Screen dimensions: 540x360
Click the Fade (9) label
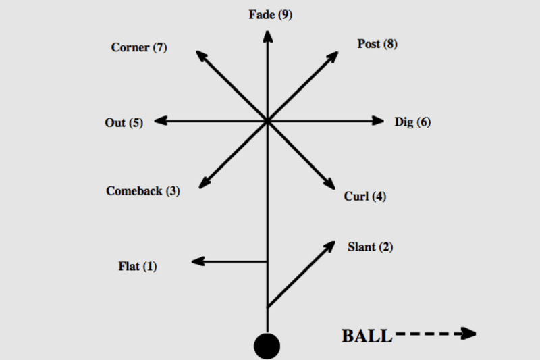click(x=271, y=15)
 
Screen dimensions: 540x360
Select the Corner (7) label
click(x=139, y=47)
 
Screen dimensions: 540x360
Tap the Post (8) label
click(x=377, y=44)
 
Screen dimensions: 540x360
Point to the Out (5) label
click(x=124, y=123)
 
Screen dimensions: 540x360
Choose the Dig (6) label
click(x=412, y=122)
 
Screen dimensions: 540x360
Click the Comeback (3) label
click(x=143, y=191)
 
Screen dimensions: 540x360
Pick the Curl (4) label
click(x=365, y=197)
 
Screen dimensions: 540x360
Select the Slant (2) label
click(x=370, y=247)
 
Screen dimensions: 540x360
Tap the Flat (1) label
click(x=138, y=266)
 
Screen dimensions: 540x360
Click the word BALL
click(x=367, y=336)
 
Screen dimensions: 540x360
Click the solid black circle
click(x=267, y=346)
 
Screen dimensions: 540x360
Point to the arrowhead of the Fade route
click(x=268, y=36)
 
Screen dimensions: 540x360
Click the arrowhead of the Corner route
click(x=201, y=56)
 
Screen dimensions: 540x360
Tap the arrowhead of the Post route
click(x=332, y=57)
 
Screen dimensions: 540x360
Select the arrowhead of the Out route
click(x=161, y=121)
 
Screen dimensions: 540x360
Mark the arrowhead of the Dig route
click(x=378, y=121)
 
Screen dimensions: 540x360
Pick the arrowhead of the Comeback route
click(x=205, y=183)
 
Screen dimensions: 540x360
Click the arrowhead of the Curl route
click(x=329, y=184)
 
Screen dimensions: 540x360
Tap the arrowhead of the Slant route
click(x=329, y=247)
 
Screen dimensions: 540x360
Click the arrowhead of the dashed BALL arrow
click(x=468, y=333)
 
